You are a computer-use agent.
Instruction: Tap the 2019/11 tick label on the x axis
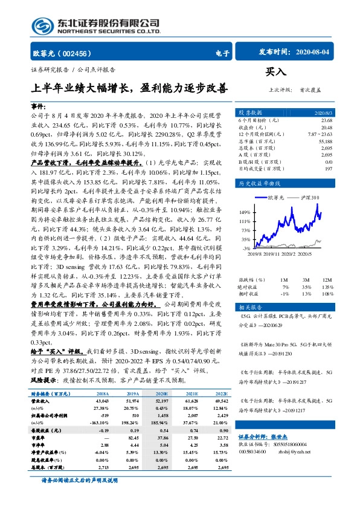pyautogui.click(x=268, y=254)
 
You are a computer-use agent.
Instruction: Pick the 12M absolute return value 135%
pyautogui.click(x=326, y=286)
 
